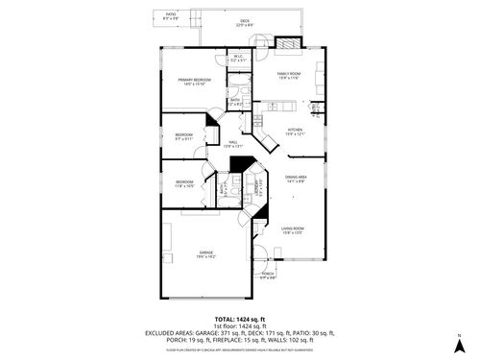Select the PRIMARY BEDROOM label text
click(x=197, y=82)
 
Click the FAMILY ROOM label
click(x=289, y=75)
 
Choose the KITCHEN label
click(x=295, y=132)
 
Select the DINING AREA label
click(x=295, y=178)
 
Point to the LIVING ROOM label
click(x=292, y=229)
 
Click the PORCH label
click(x=268, y=276)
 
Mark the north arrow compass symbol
click(x=459, y=343)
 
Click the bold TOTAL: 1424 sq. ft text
click(x=239, y=318)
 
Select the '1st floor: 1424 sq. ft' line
click(x=239, y=325)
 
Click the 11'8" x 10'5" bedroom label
click(x=185, y=183)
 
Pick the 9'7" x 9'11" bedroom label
click(x=183, y=136)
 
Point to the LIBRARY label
click(x=256, y=187)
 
